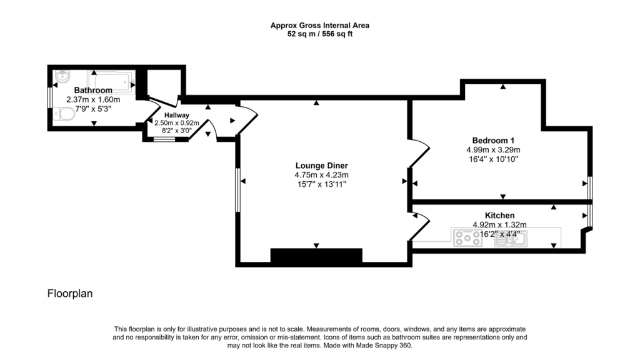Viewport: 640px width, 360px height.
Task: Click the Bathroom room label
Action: coord(93,91)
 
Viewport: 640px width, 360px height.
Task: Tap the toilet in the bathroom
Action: coord(63,113)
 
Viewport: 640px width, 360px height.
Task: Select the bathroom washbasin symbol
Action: coord(62,77)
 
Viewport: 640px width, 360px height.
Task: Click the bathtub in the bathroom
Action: coord(111,80)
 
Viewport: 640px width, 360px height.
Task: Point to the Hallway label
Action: coord(177,115)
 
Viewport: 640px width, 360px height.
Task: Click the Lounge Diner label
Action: coord(321,166)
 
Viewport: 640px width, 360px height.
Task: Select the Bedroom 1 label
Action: coord(493,140)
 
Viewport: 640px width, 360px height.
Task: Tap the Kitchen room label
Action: coord(499,215)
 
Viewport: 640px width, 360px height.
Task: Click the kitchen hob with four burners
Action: coord(466,238)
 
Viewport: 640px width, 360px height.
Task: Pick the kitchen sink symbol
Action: coord(511,238)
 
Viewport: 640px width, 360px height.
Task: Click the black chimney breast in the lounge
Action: coord(316,256)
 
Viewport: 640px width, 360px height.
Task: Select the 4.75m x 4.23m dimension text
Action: coord(321,175)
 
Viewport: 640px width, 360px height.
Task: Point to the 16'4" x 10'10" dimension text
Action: coord(493,159)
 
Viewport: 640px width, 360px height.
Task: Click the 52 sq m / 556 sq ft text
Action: coord(319,34)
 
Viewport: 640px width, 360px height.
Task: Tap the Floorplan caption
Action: coord(70,293)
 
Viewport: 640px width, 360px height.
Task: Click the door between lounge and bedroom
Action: coord(419,153)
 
